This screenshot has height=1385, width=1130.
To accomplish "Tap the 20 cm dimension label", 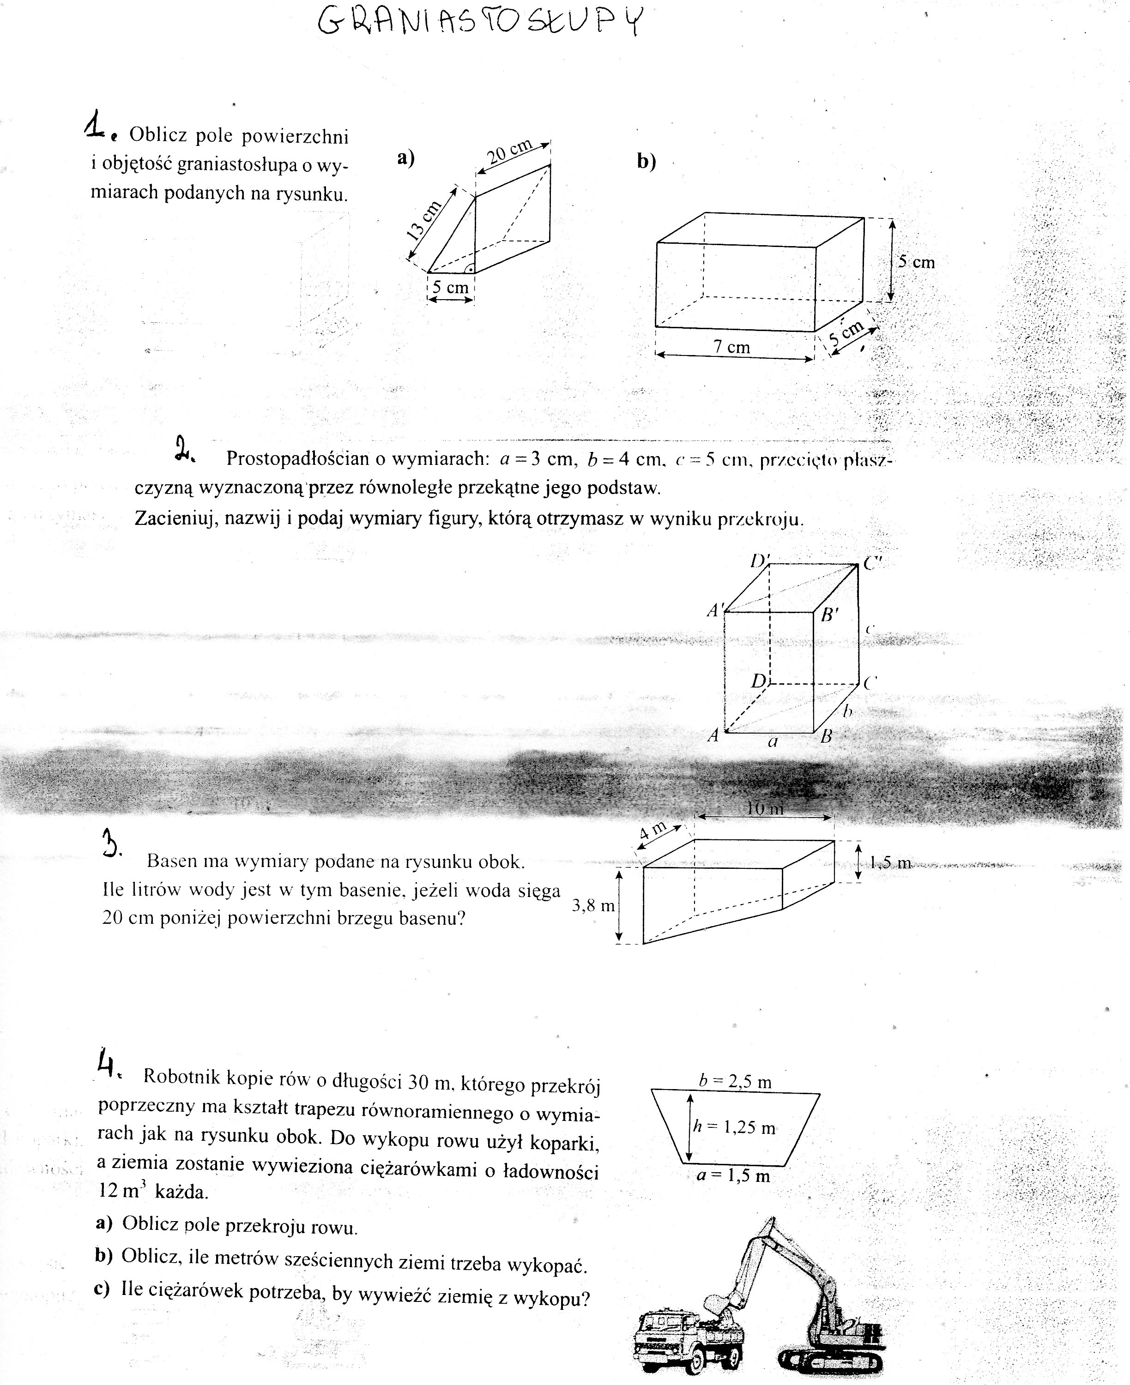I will coord(510,151).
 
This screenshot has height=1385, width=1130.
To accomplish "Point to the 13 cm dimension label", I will coord(424,221).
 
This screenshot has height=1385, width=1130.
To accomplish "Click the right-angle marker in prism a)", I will coord(469,267).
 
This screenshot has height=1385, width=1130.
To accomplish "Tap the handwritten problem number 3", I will coord(111,844).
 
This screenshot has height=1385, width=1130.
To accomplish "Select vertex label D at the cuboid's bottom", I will coord(758,681).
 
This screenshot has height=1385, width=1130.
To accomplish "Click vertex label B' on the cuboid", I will coord(828,614).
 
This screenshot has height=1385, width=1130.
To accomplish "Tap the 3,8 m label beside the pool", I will coord(593,905).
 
